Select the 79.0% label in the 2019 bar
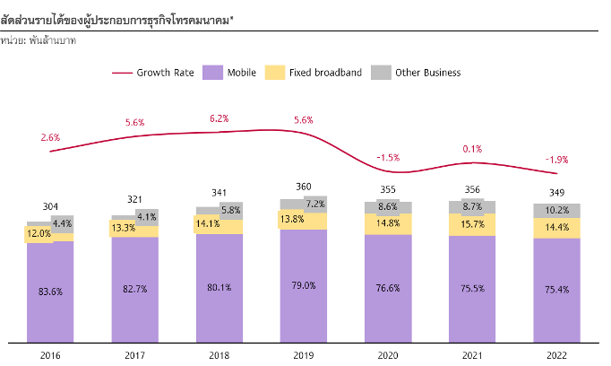pyautogui.click(x=304, y=286)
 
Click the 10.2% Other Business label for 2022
pyautogui.click(x=556, y=211)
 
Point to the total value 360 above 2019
pyautogui.click(x=304, y=187)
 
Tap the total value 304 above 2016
pyautogui.click(x=51, y=206)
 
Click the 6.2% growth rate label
pyautogui.click(x=219, y=118)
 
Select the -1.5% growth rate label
pyautogui.click(x=388, y=157)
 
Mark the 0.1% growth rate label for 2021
pyautogui.click(x=472, y=149)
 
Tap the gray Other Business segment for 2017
pyautogui.click(x=146, y=216)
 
